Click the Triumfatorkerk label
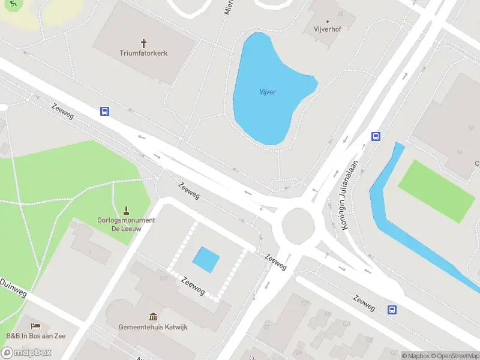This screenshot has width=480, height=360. [143, 53]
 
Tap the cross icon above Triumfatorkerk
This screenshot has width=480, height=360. [143, 43]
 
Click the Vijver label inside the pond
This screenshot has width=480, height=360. [268, 92]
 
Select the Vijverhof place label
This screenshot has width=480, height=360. [328, 29]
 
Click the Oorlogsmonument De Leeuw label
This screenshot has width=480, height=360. [126, 224]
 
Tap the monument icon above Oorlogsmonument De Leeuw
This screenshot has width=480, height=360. [126, 211]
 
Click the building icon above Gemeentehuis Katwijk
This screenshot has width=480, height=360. [154, 316]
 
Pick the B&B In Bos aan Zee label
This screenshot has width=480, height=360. [36, 335]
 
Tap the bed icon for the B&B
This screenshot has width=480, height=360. [36, 326]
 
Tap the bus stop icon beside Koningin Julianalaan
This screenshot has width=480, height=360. [376, 136]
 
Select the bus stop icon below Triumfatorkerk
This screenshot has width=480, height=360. [104, 111]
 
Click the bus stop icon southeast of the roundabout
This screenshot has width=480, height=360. [392, 310]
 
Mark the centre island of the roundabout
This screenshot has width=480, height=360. [298, 224]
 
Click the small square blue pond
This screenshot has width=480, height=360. [206, 259]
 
